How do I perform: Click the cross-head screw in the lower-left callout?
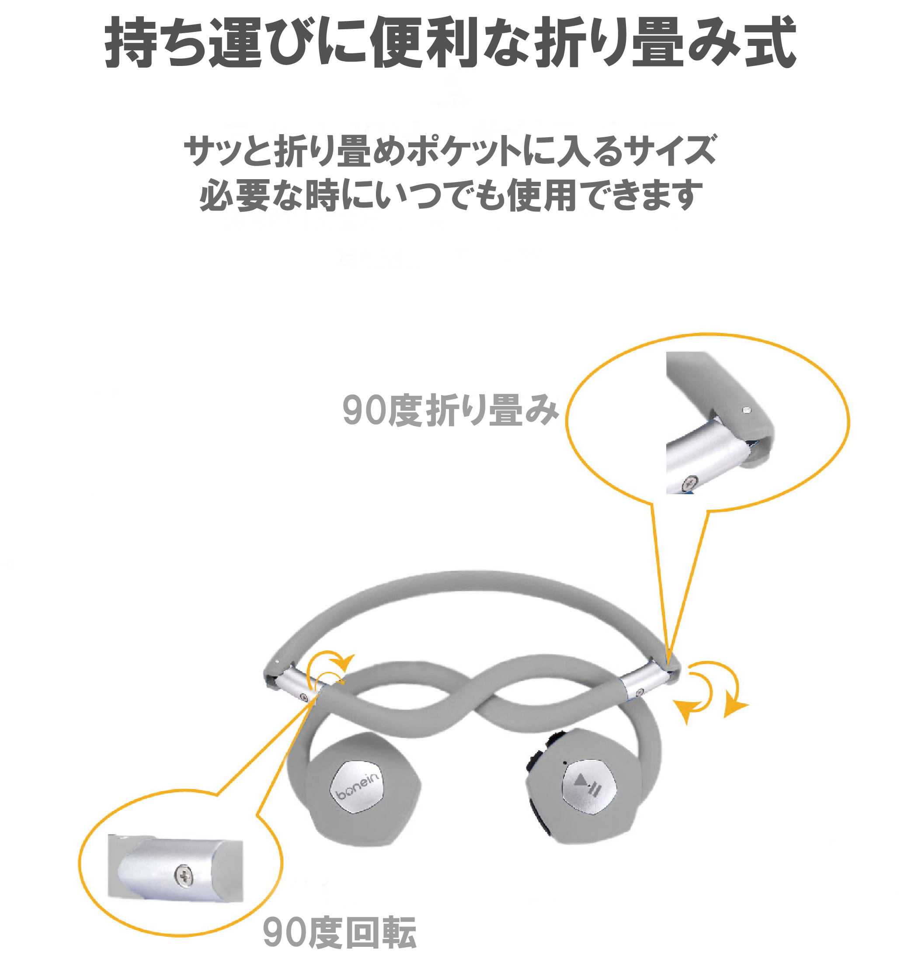(184, 877)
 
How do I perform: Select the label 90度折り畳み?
(450, 410)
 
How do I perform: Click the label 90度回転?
(340, 932)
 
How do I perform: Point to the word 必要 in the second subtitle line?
(234, 195)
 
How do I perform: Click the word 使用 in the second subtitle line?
(542, 195)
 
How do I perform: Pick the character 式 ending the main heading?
(770, 42)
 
